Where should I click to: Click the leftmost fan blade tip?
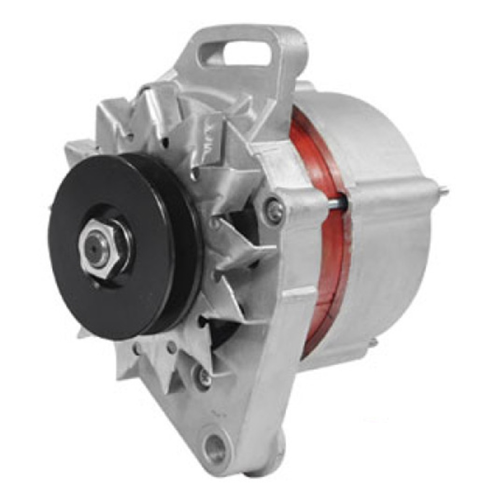[x=69, y=145]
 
